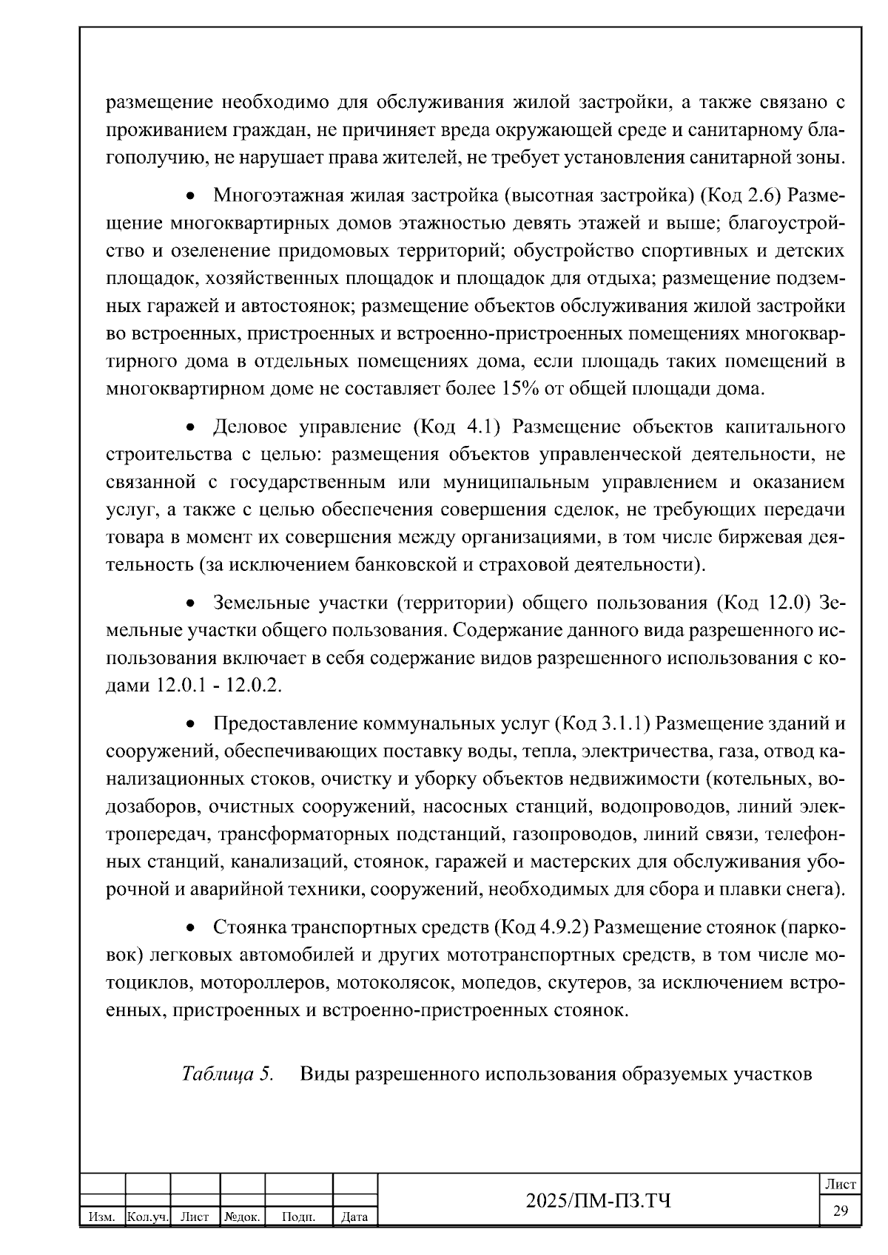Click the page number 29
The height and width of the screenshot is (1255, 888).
click(841, 1210)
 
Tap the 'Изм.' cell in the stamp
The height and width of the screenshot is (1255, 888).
click(101, 1216)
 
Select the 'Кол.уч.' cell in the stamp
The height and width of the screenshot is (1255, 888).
click(148, 1216)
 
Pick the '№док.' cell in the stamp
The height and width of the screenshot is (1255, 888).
click(242, 1216)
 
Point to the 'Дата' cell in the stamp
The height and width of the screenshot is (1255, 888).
click(354, 1216)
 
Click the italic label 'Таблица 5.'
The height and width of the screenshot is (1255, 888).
click(227, 1073)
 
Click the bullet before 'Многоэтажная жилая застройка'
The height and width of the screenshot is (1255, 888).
click(191, 197)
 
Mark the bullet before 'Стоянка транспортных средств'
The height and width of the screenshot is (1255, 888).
click(191, 928)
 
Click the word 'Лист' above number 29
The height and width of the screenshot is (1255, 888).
click(841, 1184)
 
